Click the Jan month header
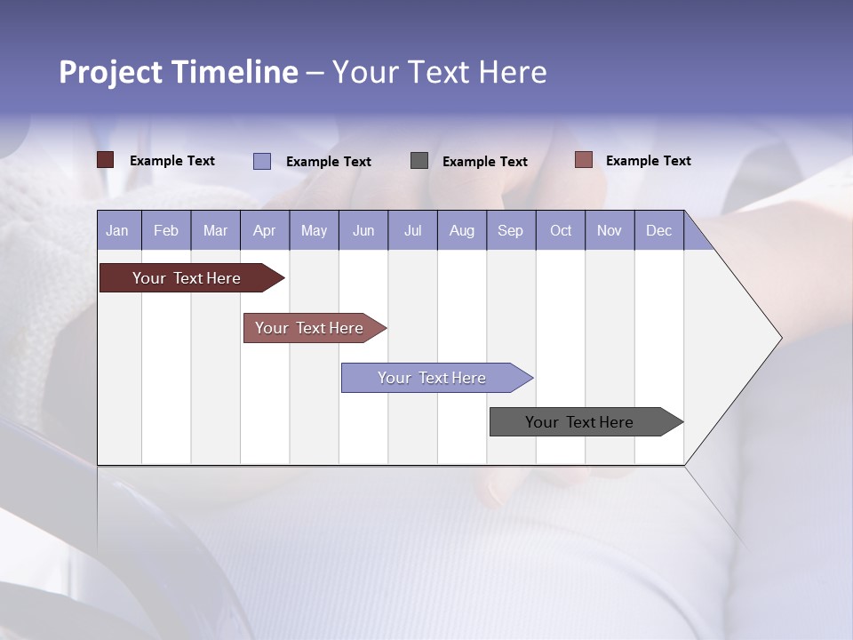point(117,230)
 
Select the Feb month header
point(166,230)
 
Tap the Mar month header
point(215,230)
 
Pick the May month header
point(314,230)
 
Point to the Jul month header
point(412,230)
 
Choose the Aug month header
point(461,230)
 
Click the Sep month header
point(510,230)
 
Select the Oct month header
point(561,230)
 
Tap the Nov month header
point(609,230)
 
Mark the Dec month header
point(658,230)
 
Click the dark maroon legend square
point(105,160)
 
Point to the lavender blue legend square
point(261,161)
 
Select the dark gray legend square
point(419,160)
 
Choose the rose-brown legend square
point(583,160)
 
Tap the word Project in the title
point(111,72)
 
